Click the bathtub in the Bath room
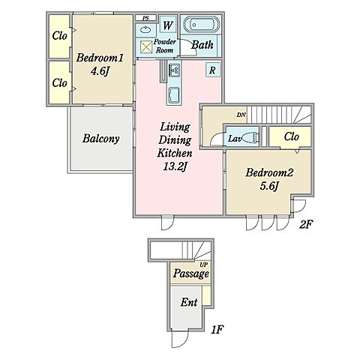coord(202,25)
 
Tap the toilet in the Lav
coord(250,137)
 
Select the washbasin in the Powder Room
coord(145,30)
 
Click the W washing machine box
coord(168,25)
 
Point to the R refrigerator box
coord(213,70)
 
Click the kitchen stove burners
coord(174,70)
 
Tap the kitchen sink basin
coord(174,95)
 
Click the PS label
coord(145,18)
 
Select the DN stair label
coord(241,115)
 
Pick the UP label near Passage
coord(203,265)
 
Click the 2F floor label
coord(306,224)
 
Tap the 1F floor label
coord(217,330)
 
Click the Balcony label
coord(101,139)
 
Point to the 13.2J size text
coord(175,166)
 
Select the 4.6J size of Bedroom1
coord(100,71)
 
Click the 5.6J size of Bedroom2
coord(269,186)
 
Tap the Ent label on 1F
coord(189,302)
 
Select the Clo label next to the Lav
coord(292,136)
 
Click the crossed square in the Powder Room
coord(146,46)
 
